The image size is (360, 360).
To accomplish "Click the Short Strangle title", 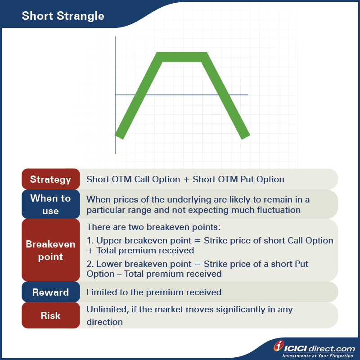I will pos(63,16).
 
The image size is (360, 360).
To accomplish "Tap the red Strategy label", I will pos(50,179).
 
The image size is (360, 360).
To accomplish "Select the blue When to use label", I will pos(50,204).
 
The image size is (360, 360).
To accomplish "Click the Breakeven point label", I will pos(50,251).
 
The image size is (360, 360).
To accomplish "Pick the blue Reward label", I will pos(50,292).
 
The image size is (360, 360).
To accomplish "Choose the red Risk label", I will pos(50,315).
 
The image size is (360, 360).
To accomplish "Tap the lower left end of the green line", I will pos(119,135).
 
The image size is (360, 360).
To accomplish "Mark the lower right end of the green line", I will pos(245,135).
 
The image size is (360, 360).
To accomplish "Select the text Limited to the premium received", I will pos(154,292).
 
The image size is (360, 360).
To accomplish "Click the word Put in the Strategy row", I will pos(246,179).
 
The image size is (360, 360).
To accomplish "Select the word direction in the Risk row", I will pos(104,322).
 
